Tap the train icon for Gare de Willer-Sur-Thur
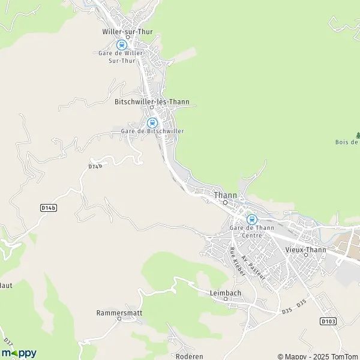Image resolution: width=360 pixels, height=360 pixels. (x=122, y=44)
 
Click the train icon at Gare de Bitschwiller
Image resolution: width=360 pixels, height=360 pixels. (x=152, y=122)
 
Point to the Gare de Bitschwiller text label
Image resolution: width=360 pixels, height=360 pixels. (x=152, y=131)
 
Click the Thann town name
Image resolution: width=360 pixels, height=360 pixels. (x=226, y=195)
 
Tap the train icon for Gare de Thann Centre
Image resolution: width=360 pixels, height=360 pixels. (x=251, y=220)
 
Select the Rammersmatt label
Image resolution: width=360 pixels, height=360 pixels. (x=118, y=313)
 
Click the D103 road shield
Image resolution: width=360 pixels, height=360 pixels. (x=328, y=321)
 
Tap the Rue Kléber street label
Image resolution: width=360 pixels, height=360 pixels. (x=238, y=262)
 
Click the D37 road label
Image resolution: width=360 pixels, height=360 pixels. (x=8, y=343)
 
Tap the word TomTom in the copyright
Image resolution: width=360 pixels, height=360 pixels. (x=344, y=356)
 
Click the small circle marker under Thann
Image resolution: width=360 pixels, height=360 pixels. (x=226, y=203)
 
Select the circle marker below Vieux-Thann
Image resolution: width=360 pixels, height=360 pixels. (x=305, y=256)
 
